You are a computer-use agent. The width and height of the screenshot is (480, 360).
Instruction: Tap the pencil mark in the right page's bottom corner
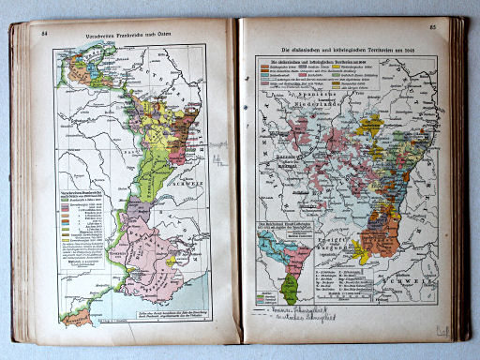click(x=441, y=329)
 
